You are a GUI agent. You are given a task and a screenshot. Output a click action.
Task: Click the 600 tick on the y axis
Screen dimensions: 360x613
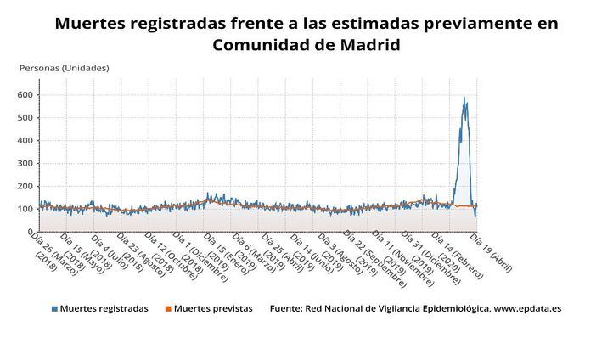tap(25, 95)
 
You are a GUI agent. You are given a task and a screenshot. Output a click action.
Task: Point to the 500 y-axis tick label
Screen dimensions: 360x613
tap(25, 118)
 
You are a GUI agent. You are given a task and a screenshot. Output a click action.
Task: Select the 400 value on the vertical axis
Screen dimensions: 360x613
tap(25, 141)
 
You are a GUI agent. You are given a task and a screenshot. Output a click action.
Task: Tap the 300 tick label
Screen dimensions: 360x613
tap(25, 164)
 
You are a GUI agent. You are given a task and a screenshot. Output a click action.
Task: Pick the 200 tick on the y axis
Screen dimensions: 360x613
tap(25, 187)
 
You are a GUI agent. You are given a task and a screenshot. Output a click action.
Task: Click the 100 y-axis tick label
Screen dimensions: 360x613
tap(25, 210)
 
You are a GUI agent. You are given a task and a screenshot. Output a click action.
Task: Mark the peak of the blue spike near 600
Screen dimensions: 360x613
tap(464, 98)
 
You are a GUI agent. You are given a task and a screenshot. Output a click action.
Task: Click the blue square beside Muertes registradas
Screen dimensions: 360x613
tap(54, 309)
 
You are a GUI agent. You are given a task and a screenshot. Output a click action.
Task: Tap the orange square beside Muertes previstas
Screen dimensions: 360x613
tap(166, 309)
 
